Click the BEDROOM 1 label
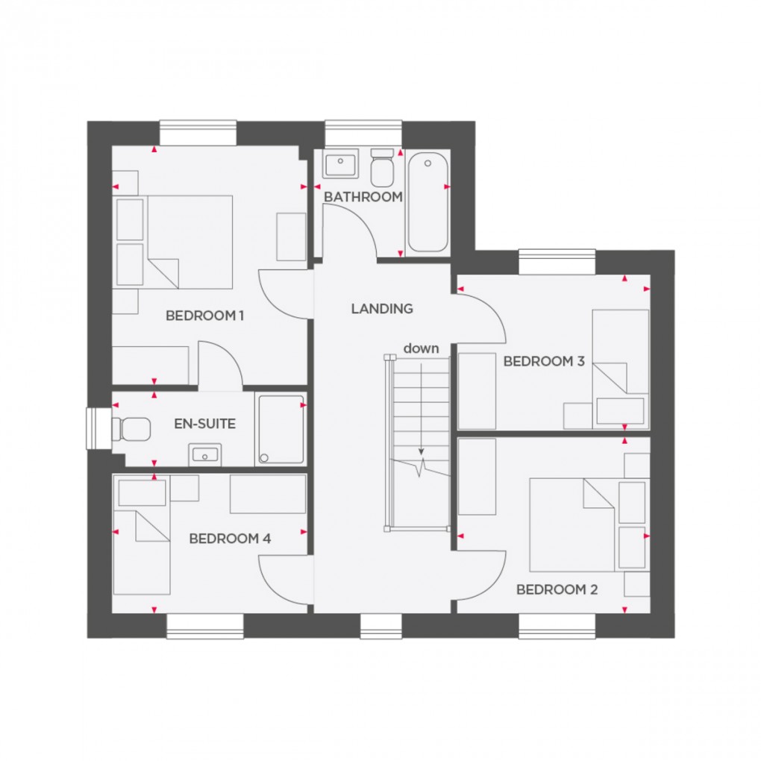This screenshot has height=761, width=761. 204,316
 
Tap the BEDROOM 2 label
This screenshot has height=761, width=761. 557,589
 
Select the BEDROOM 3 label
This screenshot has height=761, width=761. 544,362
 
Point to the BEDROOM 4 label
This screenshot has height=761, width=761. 229,538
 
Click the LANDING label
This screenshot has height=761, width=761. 382,308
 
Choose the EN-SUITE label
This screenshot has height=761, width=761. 205,424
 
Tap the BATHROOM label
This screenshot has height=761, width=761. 363,197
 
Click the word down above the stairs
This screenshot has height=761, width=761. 422,348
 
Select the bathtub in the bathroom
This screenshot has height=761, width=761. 428,201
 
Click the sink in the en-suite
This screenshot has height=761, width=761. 204,452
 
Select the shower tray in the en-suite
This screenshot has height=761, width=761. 281,430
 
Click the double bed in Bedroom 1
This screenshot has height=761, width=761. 190,240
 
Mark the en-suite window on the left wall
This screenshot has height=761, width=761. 98,428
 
